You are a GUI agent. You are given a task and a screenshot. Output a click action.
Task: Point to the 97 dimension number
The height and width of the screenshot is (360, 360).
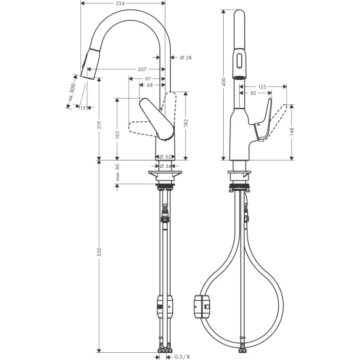coord(148,79)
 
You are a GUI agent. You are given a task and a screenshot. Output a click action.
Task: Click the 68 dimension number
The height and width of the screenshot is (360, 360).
coord(149,85)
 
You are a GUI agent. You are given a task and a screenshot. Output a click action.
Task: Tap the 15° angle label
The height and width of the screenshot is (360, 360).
coord(81,107)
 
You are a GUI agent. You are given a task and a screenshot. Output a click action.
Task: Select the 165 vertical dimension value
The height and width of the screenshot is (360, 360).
coord(118,135)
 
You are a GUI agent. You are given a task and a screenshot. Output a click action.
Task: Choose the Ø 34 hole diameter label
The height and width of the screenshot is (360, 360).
coord(165,166)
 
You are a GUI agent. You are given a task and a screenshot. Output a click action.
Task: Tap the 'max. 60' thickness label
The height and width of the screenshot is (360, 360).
coord(118,172)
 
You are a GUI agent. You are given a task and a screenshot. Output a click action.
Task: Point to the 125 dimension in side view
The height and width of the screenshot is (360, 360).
coord(262,87)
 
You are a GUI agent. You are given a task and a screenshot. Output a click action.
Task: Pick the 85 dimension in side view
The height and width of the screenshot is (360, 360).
coord(253,93)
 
